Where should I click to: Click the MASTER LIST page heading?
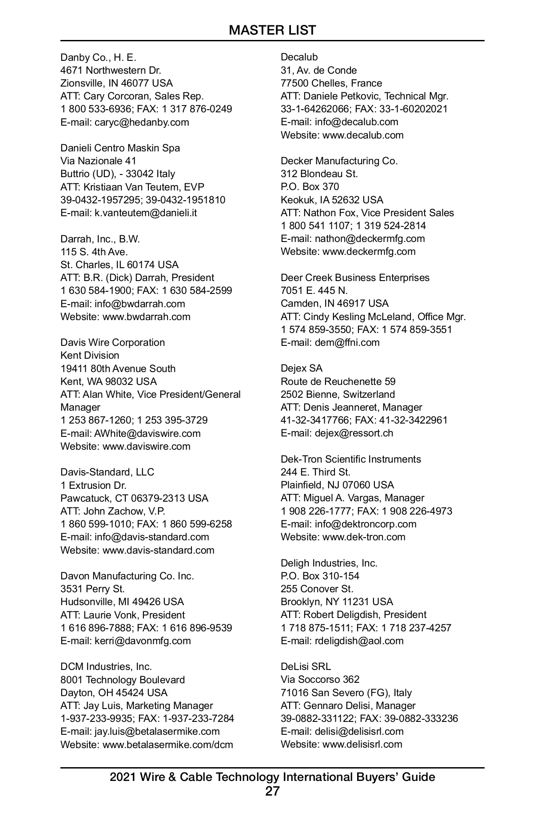tap(272, 30)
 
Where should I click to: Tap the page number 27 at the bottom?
tap(272, 791)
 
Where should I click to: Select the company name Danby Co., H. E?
tap(98, 57)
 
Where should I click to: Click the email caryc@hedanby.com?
tap(142, 122)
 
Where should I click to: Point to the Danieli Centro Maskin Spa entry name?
tap(120, 148)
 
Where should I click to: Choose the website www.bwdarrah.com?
tap(146, 317)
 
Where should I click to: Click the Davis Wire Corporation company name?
tap(112, 342)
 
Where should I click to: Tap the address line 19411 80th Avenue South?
tap(118, 368)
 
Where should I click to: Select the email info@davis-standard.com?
tap(151, 537)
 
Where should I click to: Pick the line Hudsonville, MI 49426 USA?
tap(122, 602)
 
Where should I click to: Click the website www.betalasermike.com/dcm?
tap(167, 745)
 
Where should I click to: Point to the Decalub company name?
tap(299, 57)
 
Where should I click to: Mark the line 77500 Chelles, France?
tap(331, 83)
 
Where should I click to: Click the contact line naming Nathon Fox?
tap(367, 213)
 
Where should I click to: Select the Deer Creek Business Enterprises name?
tap(355, 277)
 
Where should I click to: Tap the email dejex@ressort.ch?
tap(354, 433)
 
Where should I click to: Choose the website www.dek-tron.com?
tap(363, 537)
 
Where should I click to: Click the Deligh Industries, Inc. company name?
tap(329, 563)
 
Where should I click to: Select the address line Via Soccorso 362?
tap(320, 679)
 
